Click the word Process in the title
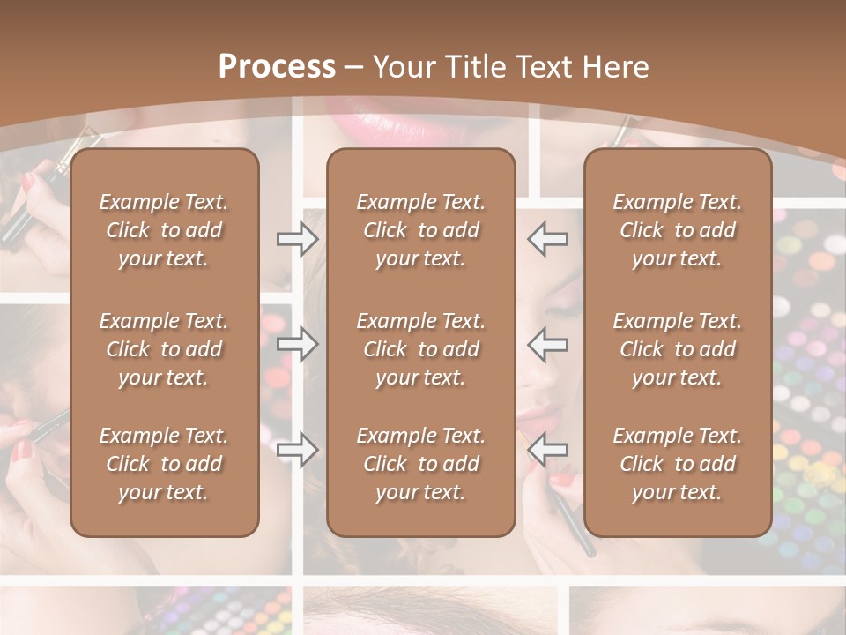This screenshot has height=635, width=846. [277, 67]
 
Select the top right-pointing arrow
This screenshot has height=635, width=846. [297, 238]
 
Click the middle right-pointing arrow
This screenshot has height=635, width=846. [297, 344]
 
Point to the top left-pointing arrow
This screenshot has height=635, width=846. [548, 238]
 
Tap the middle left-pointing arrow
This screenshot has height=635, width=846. [548, 344]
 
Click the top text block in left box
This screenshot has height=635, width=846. [164, 230]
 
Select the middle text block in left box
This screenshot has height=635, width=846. [164, 349]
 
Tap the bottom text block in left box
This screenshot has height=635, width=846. [164, 464]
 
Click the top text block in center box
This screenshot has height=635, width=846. [421, 230]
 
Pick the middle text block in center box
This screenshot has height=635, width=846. [421, 349]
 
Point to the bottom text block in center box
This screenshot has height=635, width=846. [421, 464]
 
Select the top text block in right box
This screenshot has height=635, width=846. [678, 230]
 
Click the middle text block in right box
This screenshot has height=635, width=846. [678, 349]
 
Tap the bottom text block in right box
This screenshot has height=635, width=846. [678, 464]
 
